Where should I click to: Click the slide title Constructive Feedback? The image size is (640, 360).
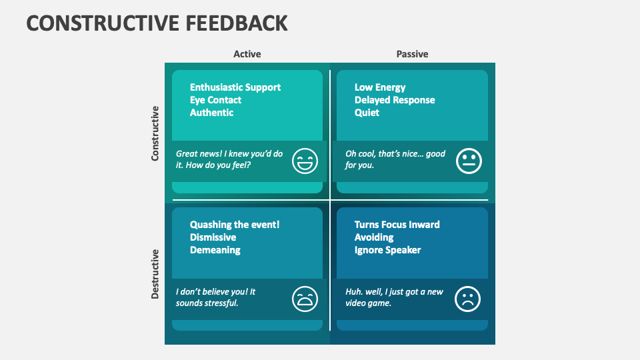pyautogui.click(x=157, y=23)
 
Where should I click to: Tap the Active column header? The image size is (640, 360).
pyautogui.click(x=247, y=54)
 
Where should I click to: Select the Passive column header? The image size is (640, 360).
pyautogui.click(x=412, y=54)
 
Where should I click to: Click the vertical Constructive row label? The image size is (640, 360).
pyautogui.click(x=155, y=133)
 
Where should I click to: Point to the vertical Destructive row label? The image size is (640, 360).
pyautogui.click(x=155, y=273)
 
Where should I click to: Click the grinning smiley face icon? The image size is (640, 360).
pyautogui.click(x=305, y=161)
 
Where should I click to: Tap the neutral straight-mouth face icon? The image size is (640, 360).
pyautogui.click(x=469, y=161)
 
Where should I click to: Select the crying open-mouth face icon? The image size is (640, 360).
pyautogui.click(x=305, y=298)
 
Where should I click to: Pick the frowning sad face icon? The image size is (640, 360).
pyautogui.click(x=467, y=298)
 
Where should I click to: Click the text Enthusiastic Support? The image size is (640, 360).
pyautogui.click(x=235, y=87)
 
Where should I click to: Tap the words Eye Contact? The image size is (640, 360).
pyautogui.click(x=215, y=100)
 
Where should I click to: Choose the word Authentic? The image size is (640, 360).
pyautogui.click(x=211, y=113)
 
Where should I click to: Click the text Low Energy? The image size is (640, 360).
pyautogui.click(x=380, y=87)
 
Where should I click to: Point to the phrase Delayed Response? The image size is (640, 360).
pyautogui.click(x=395, y=100)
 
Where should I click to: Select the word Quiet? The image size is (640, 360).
pyautogui.click(x=367, y=113)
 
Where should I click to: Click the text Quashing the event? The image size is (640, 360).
pyautogui.click(x=235, y=225)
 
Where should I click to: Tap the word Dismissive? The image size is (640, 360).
pyautogui.click(x=213, y=237)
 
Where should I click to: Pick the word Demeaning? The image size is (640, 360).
pyautogui.click(x=215, y=250)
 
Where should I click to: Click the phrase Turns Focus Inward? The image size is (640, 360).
pyautogui.click(x=397, y=225)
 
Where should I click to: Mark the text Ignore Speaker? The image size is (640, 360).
pyautogui.click(x=387, y=250)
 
